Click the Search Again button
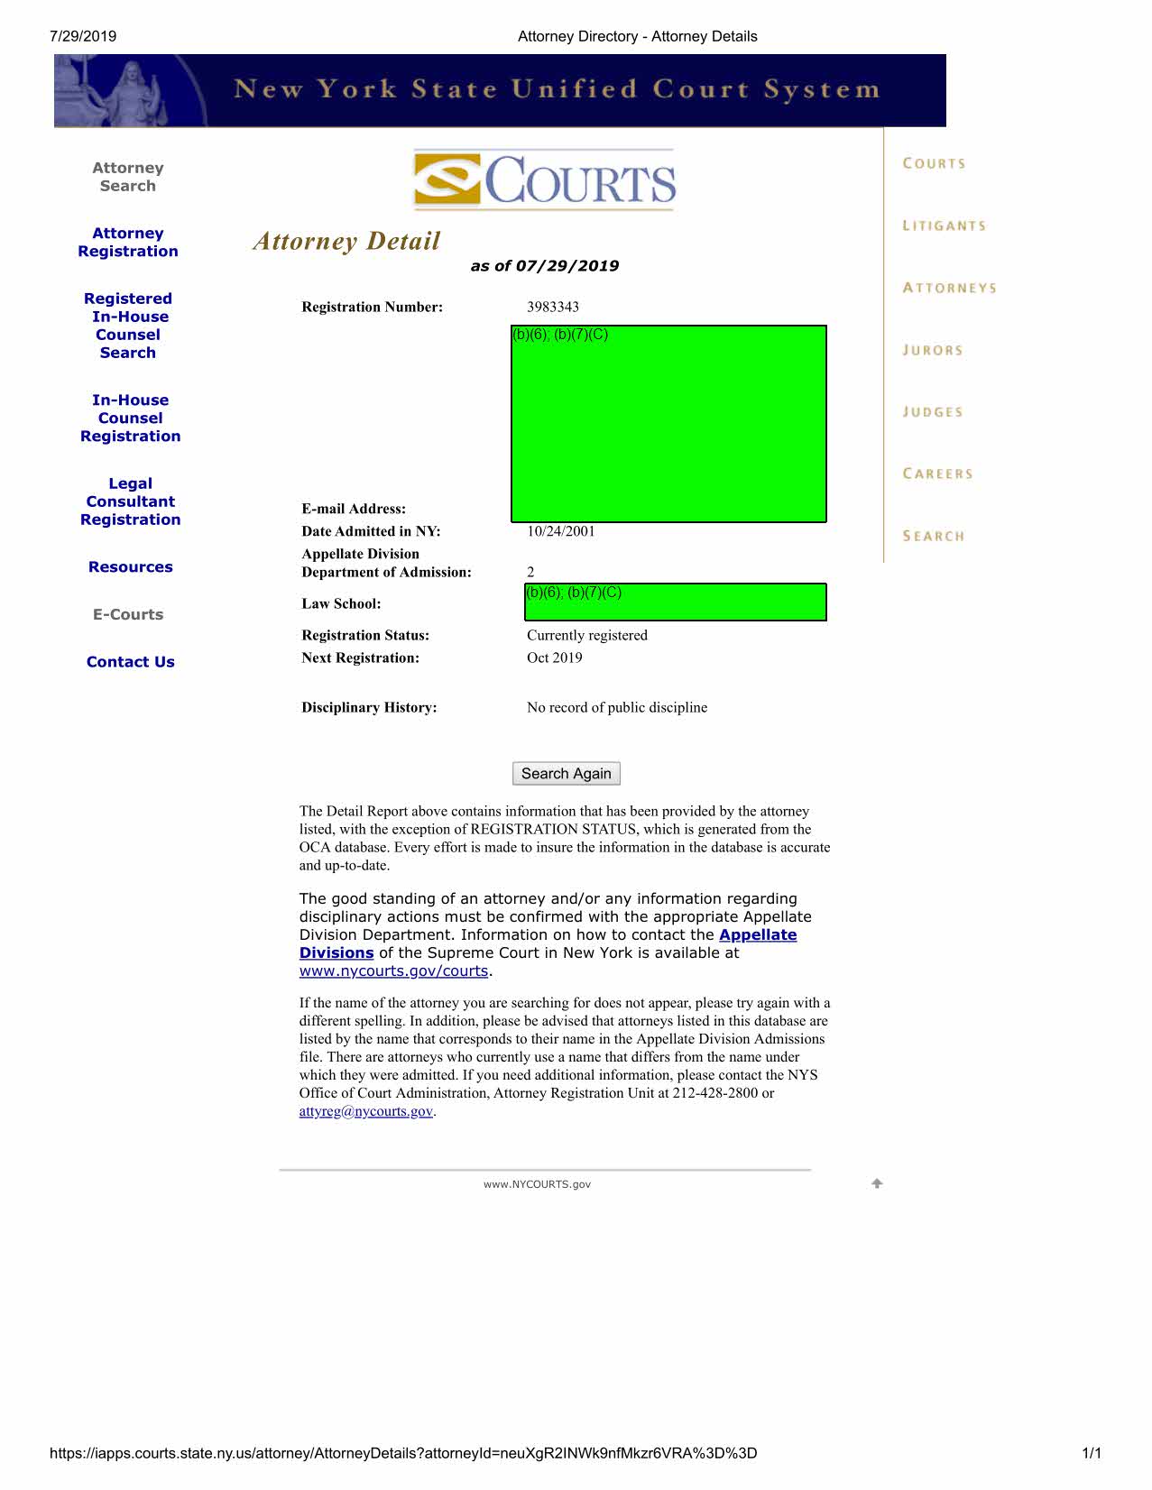click(x=566, y=773)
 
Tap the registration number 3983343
click(x=552, y=307)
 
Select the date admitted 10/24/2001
click(x=560, y=531)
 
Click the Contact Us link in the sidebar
click(x=130, y=661)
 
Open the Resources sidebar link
click(x=130, y=566)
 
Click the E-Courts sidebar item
click(x=128, y=614)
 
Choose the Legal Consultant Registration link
click(x=130, y=501)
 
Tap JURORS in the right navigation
click(x=933, y=350)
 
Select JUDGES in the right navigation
click(x=933, y=412)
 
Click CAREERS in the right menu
click(x=937, y=474)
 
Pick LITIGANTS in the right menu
click(x=944, y=225)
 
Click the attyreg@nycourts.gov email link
click(x=365, y=1111)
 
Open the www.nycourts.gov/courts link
click(x=393, y=970)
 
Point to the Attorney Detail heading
click(x=346, y=241)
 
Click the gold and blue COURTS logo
click(x=544, y=180)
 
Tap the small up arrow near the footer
click(x=877, y=1183)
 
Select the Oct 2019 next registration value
click(x=554, y=658)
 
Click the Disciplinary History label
click(x=369, y=707)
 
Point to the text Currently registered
click(x=586, y=635)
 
